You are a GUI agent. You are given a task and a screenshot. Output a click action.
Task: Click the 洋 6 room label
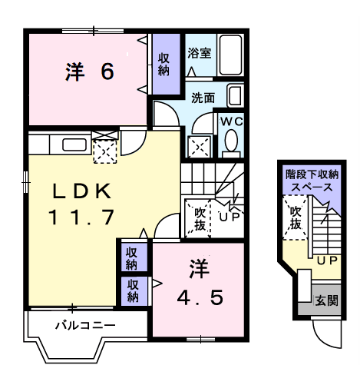click(x=90, y=71)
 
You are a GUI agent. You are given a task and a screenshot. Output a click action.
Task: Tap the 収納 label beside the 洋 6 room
click(x=164, y=64)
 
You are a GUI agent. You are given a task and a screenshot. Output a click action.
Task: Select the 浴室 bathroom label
click(x=200, y=54)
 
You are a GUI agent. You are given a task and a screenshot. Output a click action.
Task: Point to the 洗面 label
click(x=203, y=98)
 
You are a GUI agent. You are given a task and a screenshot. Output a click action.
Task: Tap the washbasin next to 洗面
click(x=236, y=97)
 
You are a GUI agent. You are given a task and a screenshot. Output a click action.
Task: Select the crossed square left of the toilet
click(x=200, y=146)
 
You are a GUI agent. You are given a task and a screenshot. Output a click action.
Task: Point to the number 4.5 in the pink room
click(x=200, y=296)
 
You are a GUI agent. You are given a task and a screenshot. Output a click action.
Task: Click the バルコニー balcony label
click(x=84, y=325)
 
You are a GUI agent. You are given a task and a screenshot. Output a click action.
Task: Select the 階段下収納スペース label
click(x=310, y=181)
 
